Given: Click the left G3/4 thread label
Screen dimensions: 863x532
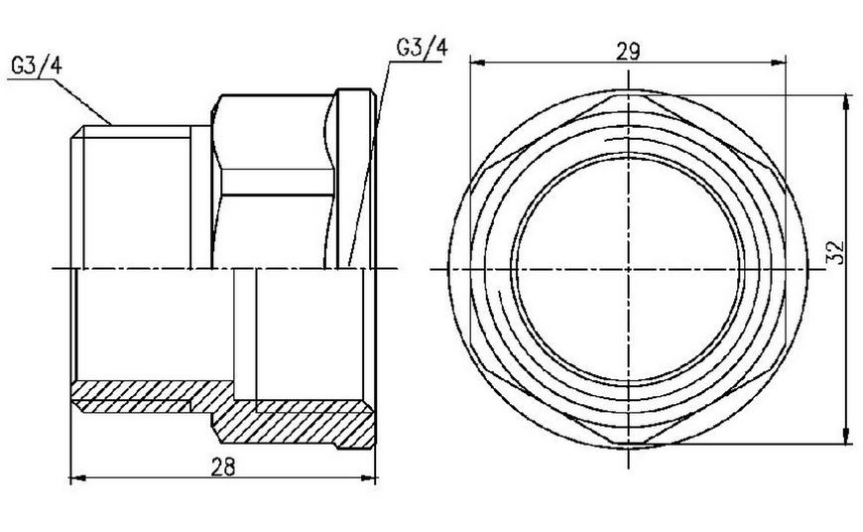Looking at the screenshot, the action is pyautogui.click(x=37, y=66).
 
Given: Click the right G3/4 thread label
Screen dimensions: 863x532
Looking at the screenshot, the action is pyautogui.click(x=422, y=48).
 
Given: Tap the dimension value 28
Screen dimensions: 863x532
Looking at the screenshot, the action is pyautogui.click(x=223, y=467).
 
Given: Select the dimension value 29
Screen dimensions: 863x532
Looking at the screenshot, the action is pyautogui.click(x=628, y=52).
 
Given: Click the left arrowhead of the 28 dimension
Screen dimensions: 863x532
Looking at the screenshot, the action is pyautogui.click(x=78, y=478).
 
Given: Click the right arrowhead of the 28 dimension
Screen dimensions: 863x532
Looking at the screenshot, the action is pyautogui.click(x=368, y=478).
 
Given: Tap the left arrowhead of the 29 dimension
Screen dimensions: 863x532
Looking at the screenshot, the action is pyautogui.click(x=478, y=63).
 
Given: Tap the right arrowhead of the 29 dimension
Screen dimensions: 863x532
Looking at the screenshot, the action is pyautogui.click(x=778, y=63).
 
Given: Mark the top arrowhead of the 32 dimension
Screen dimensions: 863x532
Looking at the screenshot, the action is pyautogui.click(x=847, y=103).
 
